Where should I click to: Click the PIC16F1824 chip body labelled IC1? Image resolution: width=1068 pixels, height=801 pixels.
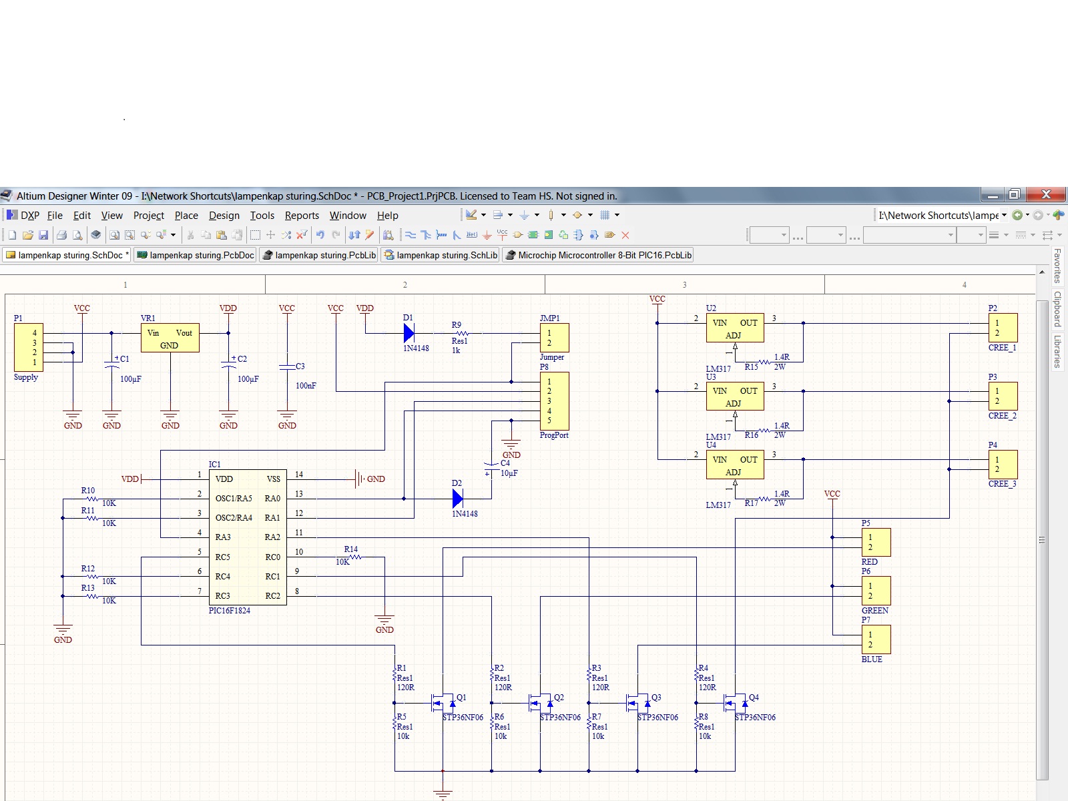click(x=248, y=537)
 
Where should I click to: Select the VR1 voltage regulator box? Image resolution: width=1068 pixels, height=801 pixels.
click(x=170, y=338)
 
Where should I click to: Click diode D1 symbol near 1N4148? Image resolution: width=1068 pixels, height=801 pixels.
click(x=409, y=333)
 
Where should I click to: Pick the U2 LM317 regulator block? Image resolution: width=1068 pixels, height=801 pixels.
click(x=735, y=328)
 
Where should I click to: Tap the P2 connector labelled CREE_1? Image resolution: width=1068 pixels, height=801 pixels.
click(x=1003, y=328)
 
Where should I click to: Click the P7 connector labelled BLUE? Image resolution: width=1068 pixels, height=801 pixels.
click(x=876, y=639)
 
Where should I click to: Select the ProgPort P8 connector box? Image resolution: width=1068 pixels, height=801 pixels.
click(x=554, y=400)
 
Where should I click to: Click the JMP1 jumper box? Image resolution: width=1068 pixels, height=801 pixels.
click(x=554, y=338)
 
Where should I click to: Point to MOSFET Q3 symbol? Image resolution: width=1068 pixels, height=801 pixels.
click(x=639, y=702)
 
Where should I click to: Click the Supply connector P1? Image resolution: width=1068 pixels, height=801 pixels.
click(x=29, y=347)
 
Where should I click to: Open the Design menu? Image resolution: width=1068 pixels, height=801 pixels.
click(x=224, y=216)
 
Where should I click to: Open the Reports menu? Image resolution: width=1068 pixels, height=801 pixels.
click(x=302, y=216)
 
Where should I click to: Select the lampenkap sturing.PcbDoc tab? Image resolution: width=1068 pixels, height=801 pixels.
click(x=196, y=255)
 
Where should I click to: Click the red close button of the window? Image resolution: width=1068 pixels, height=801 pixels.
click(x=1046, y=194)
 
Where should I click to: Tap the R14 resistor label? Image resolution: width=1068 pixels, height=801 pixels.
click(x=350, y=549)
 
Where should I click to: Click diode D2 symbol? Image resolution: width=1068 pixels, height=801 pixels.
click(x=458, y=498)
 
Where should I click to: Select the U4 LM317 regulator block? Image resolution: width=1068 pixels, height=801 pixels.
click(x=735, y=465)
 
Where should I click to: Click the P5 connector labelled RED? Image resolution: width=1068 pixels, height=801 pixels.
click(x=876, y=542)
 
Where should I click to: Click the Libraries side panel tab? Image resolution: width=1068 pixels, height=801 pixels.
click(x=1057, y=352)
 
